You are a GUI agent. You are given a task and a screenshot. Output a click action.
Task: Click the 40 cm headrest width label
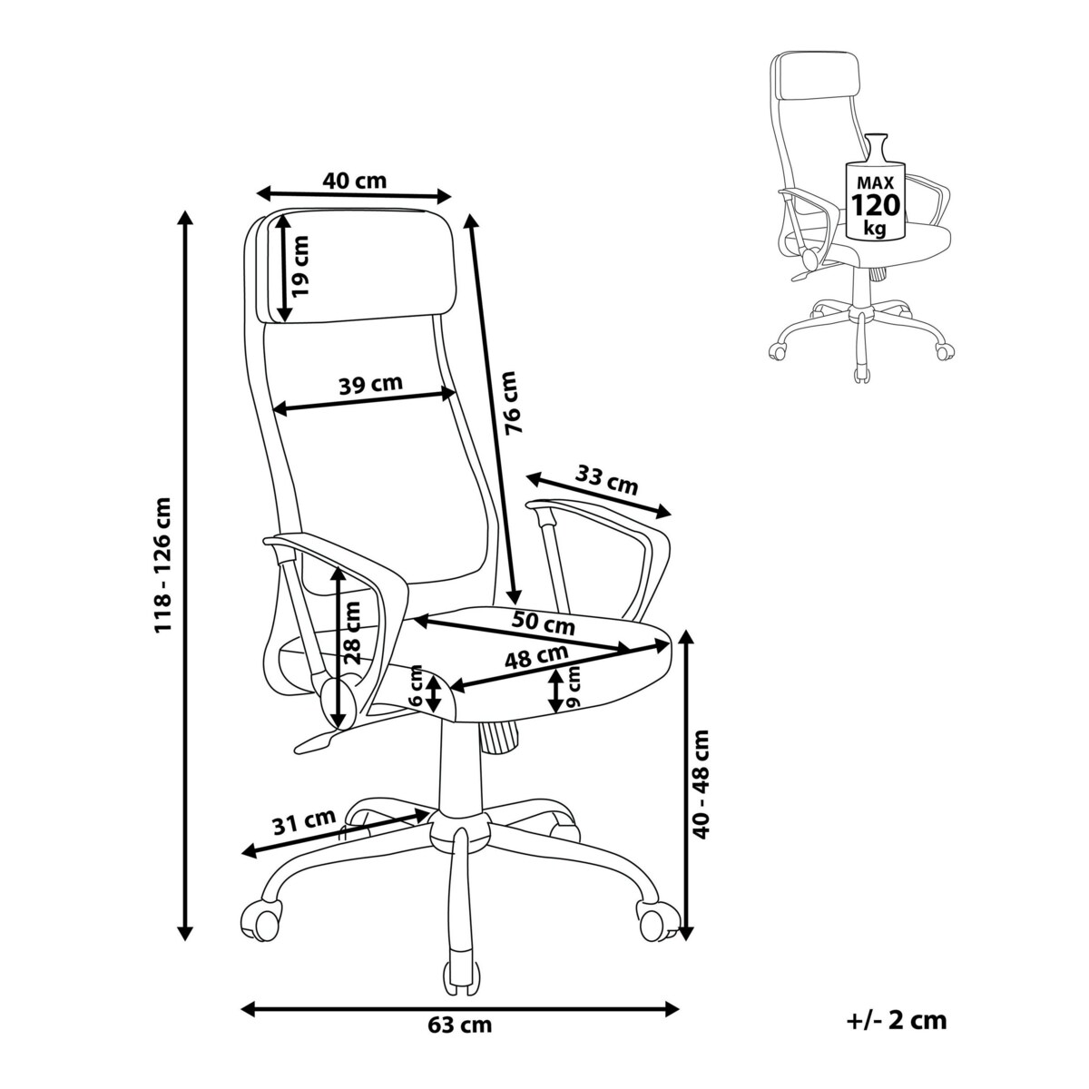[x=355, y=180]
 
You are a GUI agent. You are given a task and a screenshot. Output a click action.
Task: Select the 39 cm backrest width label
[x=370, y=384]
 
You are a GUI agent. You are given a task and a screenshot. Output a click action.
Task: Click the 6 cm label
[x=416, y=691]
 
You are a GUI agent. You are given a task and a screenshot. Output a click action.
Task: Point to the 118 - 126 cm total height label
[x=163, y=564]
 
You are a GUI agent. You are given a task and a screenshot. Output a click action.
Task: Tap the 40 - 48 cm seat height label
[x=701, y=785]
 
